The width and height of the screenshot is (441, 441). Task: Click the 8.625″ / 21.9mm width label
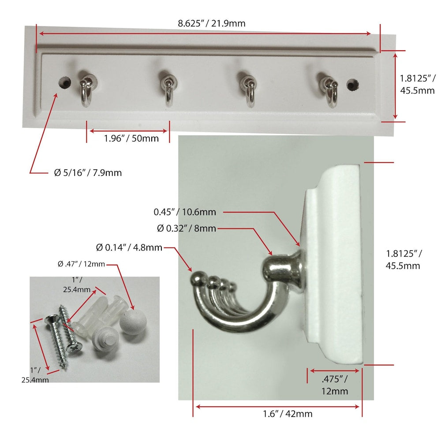(212, 23)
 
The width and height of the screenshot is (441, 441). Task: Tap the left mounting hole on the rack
(65, 82)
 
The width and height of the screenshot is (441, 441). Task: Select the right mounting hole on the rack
(352, 85)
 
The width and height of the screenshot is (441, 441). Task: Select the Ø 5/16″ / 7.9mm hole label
(88, 172)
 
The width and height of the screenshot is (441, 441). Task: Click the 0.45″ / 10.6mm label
(185, 212)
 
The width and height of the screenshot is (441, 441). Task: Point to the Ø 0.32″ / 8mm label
(187, 228)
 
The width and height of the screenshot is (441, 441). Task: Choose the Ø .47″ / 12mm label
(81, 264)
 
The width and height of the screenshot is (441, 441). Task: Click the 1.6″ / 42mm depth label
(288, 414)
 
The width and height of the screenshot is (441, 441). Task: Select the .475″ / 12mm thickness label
(334, 385)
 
